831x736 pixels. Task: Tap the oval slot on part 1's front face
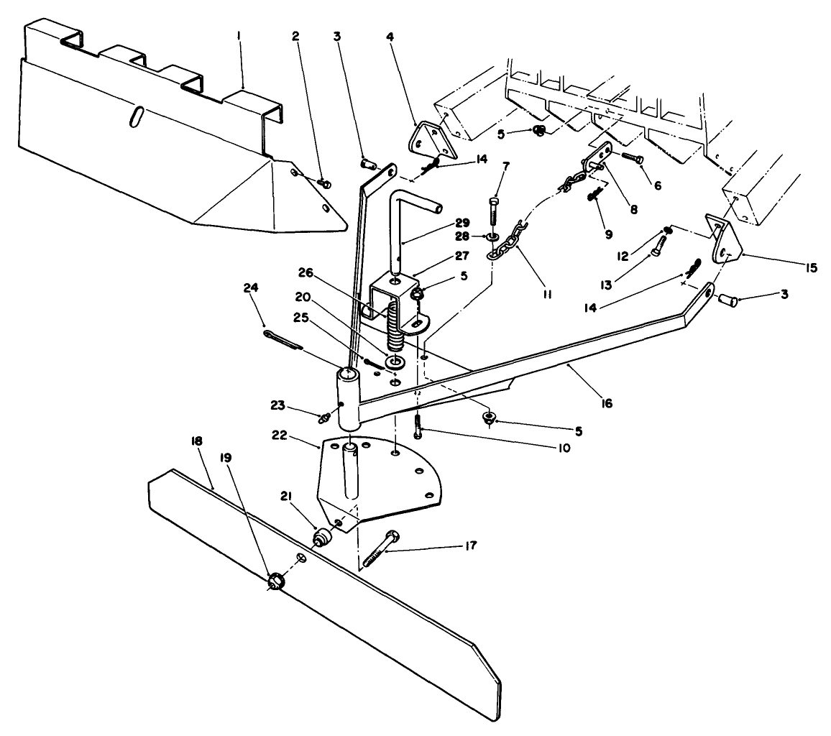point(134,117)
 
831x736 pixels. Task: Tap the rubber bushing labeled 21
point(321,537)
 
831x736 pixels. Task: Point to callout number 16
point(606,404)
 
